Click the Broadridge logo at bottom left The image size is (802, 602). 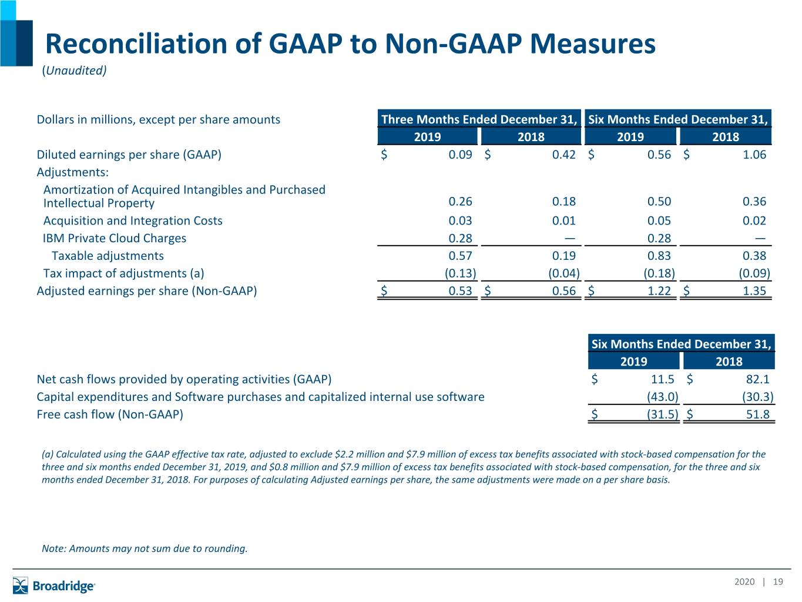click(54, 586)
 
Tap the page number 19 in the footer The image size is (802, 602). click(778, 581)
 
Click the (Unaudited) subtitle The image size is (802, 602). click(74, 70)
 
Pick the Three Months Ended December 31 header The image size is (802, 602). click(479, 119)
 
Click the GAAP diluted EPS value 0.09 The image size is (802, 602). click(461, 155)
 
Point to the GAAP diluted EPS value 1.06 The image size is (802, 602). click(754, 155)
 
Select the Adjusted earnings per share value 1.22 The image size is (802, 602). click(659, 291)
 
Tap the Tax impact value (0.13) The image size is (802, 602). click(461, 273)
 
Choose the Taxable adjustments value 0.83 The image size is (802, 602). click(659, 256)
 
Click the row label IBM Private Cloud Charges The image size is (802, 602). click(115, 238)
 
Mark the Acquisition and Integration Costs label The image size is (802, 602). click(133, 221)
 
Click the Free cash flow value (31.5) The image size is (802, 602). click(662, 414)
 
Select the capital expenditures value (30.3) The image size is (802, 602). click(758, 397)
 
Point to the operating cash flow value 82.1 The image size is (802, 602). click(758, 379)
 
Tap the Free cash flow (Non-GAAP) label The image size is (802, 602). click(110, 414)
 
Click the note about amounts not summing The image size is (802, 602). click(145, 549)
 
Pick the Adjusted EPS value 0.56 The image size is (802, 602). click(564, 291)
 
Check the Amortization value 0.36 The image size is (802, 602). click(754, 202)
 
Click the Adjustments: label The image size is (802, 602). click(73, 172)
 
